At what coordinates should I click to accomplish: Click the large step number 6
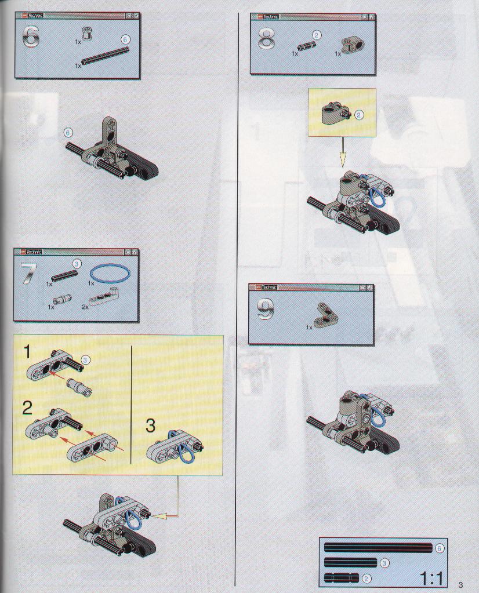32,37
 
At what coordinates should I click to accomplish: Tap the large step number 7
29,273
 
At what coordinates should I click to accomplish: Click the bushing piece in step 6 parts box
88,34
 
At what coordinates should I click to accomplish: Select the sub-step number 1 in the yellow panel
27,352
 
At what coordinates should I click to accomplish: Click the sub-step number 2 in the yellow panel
27,409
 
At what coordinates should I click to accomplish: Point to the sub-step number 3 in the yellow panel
151,425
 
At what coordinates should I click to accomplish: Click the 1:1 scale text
431,579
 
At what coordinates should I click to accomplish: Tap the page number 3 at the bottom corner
460,585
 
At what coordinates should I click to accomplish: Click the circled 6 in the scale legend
439,548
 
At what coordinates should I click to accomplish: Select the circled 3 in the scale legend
384,563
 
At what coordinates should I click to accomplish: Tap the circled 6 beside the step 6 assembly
68,133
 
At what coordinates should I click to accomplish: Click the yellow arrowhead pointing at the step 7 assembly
159,515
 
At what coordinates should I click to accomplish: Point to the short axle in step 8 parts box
305,48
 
